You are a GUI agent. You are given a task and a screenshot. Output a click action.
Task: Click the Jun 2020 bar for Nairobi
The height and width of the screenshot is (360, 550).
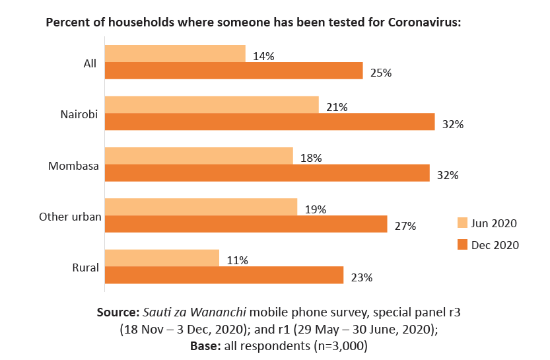click(211, 104)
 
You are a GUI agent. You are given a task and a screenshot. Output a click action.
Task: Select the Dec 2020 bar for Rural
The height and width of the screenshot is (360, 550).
click(224, 275)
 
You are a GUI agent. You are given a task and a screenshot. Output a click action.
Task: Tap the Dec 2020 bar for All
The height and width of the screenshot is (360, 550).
click(234, 71)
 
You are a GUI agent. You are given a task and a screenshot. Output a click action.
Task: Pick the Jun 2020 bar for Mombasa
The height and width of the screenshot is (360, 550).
click(199, 155)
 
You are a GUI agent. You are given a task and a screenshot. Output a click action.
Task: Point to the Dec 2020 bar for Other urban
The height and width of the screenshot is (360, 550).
click(246, 224)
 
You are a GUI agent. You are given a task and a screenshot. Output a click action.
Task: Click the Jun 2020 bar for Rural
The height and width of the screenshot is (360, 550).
click(162, 258)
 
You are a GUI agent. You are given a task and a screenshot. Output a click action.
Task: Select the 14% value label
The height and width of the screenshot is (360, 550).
click(264, 57)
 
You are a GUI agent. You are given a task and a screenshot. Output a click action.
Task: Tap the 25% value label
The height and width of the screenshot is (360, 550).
click(381, 73)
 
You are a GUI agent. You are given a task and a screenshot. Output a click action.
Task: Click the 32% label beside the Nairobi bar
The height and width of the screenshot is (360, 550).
click(453, 124)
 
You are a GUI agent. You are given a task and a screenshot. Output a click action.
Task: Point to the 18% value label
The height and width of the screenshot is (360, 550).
click(311, 159)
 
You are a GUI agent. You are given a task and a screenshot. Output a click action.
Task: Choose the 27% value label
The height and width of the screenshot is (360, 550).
click(405, 227)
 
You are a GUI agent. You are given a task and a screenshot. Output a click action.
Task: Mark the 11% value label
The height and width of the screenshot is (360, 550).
click(237, 260)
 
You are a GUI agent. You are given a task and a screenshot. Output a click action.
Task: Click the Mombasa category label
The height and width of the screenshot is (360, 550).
click(73, 166)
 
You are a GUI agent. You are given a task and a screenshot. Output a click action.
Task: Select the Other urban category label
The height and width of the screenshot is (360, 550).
click(69, 217)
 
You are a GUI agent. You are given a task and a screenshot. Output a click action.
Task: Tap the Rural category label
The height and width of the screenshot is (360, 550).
click(85, 268)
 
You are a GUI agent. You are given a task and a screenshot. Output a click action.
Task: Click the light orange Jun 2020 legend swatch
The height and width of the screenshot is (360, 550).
click(462, 223)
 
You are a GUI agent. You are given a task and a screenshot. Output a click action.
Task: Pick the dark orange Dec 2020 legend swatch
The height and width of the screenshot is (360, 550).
click(462, 245)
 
